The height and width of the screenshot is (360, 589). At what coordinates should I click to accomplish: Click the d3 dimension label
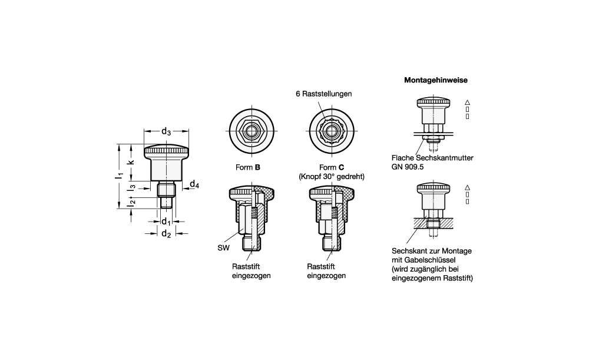(x=166, y=131)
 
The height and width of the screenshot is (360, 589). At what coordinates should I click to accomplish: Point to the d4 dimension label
(x=194, y=184)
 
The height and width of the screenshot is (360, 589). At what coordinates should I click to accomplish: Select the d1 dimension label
(x=166, y=222)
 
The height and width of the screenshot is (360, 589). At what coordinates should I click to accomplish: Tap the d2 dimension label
(x=166, y=234)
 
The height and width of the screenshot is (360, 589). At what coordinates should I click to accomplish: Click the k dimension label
(x=131, y=162)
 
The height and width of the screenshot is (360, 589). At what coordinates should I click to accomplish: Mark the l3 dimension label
(x=131, y=189)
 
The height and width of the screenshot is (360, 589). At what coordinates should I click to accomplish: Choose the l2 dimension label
(x=131, y=203)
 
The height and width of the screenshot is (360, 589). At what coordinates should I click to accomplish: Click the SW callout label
(x=223, y=248)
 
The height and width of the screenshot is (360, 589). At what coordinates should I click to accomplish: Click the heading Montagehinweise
(x=436, y=80)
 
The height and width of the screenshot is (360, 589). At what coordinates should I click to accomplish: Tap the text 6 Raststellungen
(x=324, y=94)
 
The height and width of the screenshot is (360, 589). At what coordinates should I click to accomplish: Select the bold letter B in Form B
(x=257, y=167)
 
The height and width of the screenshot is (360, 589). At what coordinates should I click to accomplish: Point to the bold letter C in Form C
(x=341, y=167)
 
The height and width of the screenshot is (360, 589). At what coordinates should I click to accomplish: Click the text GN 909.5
(x=408, y=167)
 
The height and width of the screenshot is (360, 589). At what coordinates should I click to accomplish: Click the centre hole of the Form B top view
(x=252, y=131)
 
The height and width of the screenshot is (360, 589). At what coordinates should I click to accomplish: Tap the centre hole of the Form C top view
(x=332, y=131)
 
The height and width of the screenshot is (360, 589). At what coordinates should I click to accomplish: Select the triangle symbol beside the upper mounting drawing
(x=467, y=102)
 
